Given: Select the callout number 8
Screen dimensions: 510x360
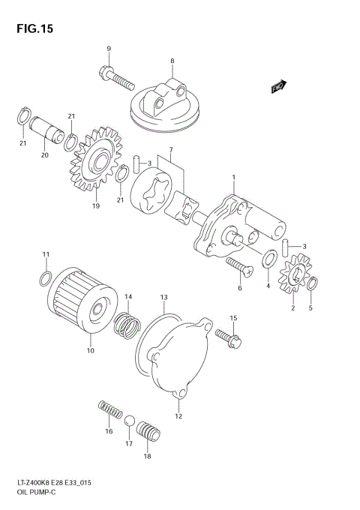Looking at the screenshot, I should click(x=172, y=60).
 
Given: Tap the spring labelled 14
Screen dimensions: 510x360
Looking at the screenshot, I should click(x=127, y=323).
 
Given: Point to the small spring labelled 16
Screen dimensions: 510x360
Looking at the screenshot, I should click(x=110, y=411).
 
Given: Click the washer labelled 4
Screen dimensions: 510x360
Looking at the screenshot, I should click(x=268, y=261).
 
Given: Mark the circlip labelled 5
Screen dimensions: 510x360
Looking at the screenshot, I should click(x=313, y=283).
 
